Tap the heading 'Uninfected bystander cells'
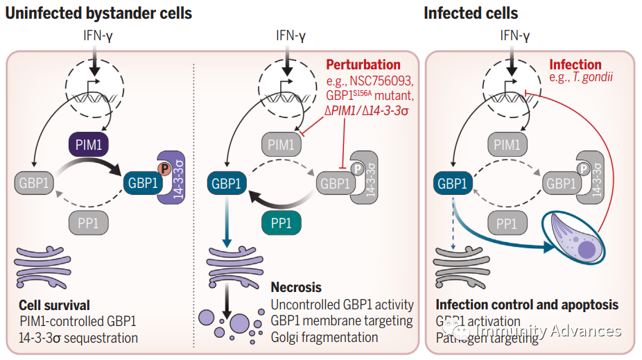pyautogui.click(x=98, y=13)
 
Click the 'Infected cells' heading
pyautogui.click(x=471, y=13)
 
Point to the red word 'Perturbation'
pyautogui.click(x=363, y=65)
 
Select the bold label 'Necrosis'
pyautogui.click(x=297, y=287)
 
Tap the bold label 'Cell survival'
pyautogui.click(x=55, y=305)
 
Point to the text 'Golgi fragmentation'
pyautogui.click(x=325, y=337)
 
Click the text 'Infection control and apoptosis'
pyautogui.click(x=527, y=305)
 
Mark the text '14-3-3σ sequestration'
pyautogui.click(x=78, y=338)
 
